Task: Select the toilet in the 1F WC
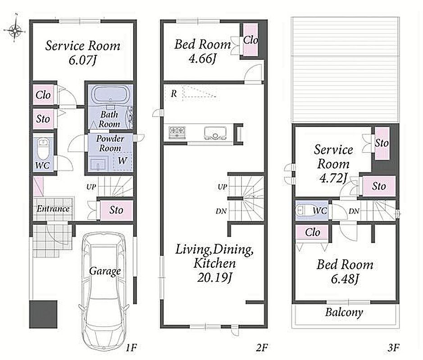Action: click(42, 149)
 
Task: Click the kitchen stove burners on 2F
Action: click(177, 132)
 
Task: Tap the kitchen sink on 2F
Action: click(215, 133)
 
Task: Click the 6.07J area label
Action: click(82, 60)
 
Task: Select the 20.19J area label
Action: click(215, 277)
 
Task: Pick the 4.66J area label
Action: click(202, 58)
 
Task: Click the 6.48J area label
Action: click(346, 279)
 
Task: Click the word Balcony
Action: click(344, 312)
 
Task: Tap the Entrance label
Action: click(53, 208)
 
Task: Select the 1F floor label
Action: click(131, 347)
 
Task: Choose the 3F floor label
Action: click(393, 347)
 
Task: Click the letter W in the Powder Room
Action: click(123, 161)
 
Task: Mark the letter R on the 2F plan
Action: click(174, 94)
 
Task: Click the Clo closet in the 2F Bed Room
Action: click(250, 40)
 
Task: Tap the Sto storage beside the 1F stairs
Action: click(116, 210)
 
